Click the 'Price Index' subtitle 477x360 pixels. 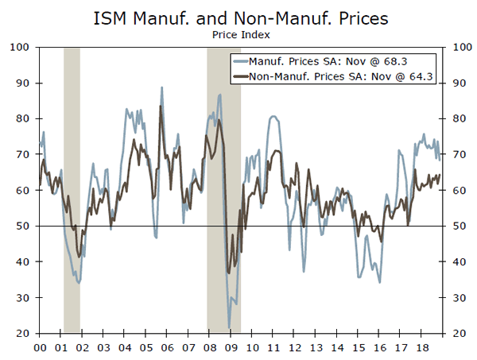238,34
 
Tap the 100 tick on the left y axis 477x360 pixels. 21,48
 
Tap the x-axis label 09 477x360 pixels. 230,347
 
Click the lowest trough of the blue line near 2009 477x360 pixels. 230,327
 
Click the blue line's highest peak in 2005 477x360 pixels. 161,87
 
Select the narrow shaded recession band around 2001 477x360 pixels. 72,191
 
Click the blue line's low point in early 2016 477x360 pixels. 380,281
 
